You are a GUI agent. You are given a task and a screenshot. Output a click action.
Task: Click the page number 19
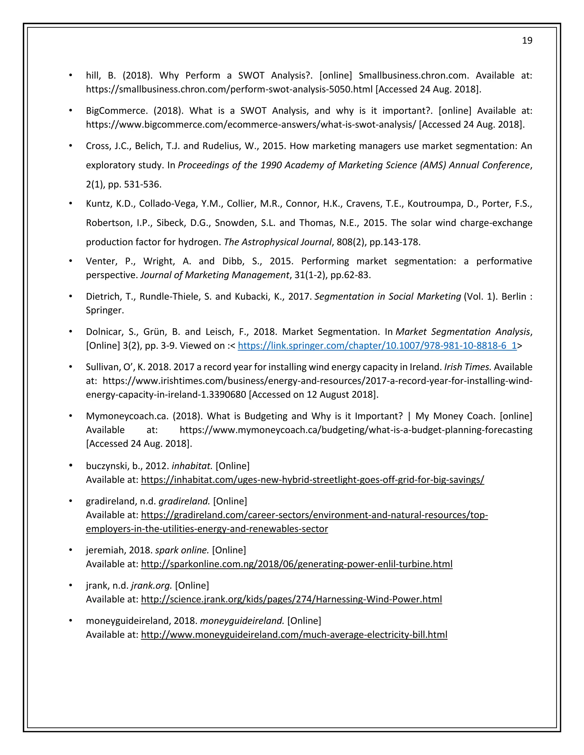pos(527,41)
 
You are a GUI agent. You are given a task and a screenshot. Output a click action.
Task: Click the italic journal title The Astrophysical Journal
pos(277,242)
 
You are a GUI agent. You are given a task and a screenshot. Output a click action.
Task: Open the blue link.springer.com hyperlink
pos(377,346)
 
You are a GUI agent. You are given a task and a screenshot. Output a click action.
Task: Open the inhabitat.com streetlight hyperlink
pos(313,480)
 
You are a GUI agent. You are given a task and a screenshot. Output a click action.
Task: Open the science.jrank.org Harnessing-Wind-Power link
pos(291,599)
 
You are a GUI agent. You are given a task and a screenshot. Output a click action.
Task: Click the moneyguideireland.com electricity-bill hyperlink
pos(294,635)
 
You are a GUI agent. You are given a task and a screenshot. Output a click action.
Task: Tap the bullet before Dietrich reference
pos(71,296)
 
